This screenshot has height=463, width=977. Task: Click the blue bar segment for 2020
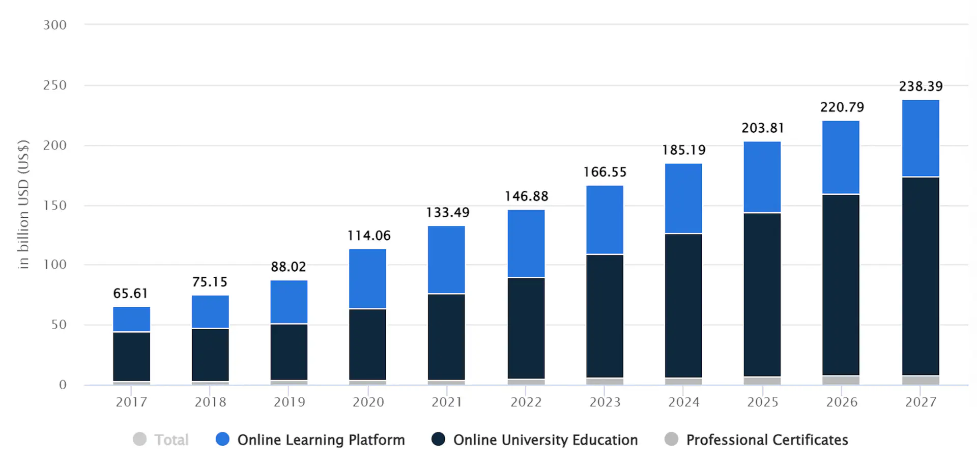point(367,278)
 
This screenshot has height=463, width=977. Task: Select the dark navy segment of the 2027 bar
point(921,276)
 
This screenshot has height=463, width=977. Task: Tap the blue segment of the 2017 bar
point(131,319)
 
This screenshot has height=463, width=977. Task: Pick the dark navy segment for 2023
point(605,315)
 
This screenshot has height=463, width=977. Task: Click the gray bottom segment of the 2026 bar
point(841,380)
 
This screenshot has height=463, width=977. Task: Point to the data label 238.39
point(921,86)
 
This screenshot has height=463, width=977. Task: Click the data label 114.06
point(369,236)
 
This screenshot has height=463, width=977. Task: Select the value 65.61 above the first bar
point(130,294)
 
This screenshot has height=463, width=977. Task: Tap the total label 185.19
point(683,150)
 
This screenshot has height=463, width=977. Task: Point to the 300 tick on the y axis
point(55,25)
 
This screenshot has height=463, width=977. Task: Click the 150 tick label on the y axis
point(55,206)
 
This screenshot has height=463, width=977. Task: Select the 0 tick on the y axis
point(63,385)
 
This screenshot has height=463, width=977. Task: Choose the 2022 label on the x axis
point(526,402)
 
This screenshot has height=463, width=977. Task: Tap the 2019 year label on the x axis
point(289,402)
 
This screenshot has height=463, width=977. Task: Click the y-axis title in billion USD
point(23,204)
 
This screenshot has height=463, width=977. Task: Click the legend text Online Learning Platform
point(321,440)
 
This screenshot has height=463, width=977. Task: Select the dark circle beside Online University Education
point(438,439)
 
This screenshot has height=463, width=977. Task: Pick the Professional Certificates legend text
point(767,440)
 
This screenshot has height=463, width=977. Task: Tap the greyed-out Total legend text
point(171,440)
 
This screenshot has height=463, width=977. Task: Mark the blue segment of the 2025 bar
point(762,177)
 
